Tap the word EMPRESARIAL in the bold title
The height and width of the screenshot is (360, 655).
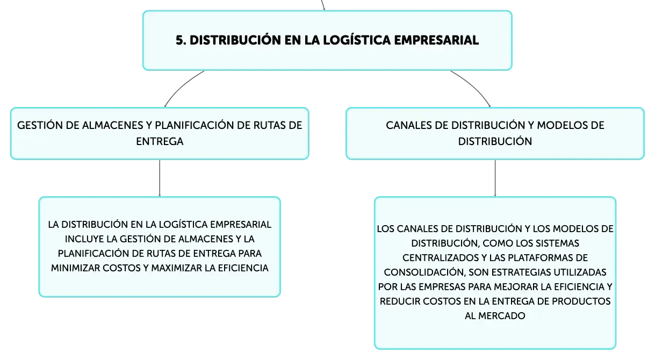(x=436, y=40)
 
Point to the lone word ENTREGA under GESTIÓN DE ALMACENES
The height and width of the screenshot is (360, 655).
(x=160, y=141)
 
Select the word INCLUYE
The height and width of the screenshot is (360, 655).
(x=84, y=239)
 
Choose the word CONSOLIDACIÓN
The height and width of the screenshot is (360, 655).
(x=424, y=272)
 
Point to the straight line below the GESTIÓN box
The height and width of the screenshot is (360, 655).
(x=160, y=178)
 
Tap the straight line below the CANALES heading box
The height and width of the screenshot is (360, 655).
(x=495, y=178)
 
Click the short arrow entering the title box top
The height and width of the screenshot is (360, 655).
(x=323, y=5)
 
